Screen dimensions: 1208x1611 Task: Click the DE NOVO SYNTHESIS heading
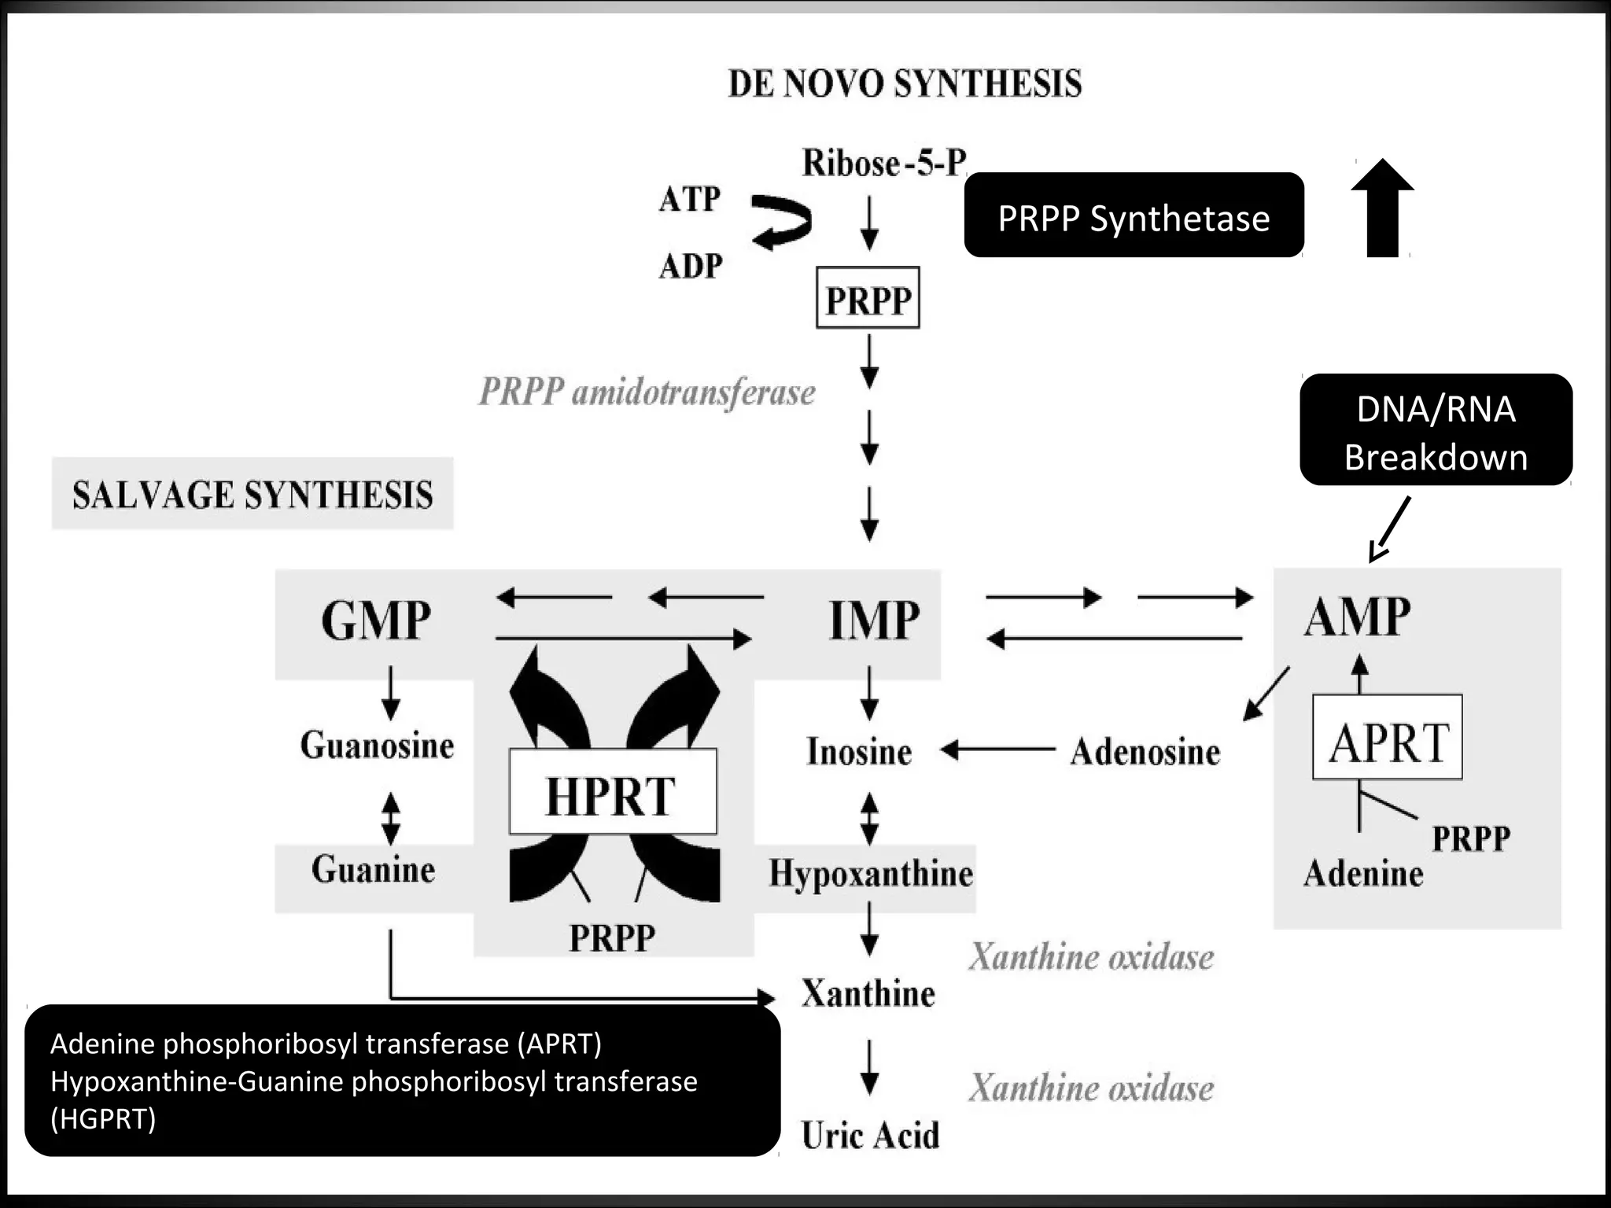click(x=905, y=84)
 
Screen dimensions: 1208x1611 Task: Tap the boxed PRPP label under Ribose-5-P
click(x=868, y=299)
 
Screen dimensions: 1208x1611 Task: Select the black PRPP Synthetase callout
click(x=1134, y=215)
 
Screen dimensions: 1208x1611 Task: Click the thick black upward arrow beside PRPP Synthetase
click(x=1382, y=208)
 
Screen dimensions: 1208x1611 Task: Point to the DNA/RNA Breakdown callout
click(x=1436, y=431)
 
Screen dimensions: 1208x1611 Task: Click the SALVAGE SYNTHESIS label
click(x=253, y=495)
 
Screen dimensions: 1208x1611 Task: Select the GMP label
click(x=376, y=620)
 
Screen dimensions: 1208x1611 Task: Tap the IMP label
click(x=874, y=620)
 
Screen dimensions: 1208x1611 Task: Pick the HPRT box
click(x=613, y=792)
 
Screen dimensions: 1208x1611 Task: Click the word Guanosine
click(x=377, y=745)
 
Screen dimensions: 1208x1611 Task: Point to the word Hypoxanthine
click(x=871, y=874)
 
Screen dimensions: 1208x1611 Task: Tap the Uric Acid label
click(x=870, y=1135)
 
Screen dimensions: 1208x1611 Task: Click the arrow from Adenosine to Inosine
click(x=997, y=750)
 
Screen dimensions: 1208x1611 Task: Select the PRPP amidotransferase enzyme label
click(x=647, y=392)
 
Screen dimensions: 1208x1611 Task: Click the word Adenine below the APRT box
click(x=1363, y=874)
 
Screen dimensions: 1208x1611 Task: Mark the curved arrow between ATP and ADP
click(x=780, y=223)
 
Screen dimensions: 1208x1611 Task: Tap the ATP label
click(x=689, y=199)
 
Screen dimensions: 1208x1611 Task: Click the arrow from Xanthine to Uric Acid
click(x=869, y=1067)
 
